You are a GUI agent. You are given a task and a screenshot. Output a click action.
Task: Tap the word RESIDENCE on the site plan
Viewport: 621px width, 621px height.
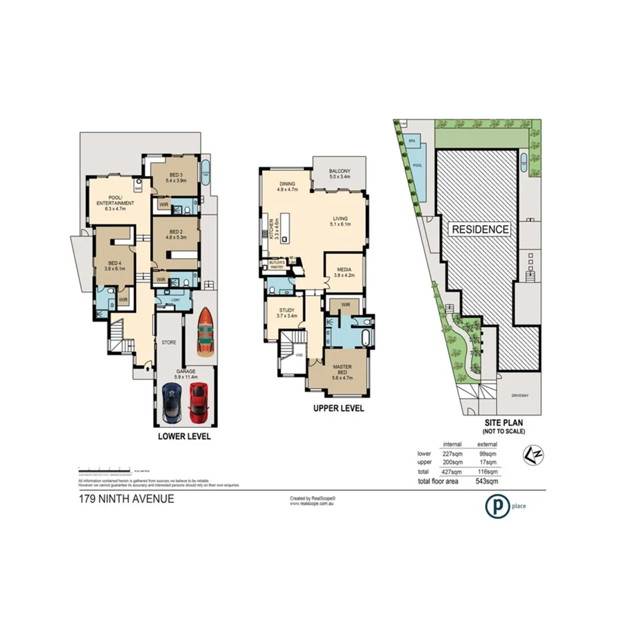tap(480, 229)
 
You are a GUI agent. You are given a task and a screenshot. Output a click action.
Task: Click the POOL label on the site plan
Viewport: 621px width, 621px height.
tap(418, 165)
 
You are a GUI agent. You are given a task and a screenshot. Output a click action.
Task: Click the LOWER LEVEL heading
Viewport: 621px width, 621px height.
tap(185, 436)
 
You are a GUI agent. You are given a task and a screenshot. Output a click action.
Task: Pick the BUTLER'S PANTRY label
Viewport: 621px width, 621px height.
tap(277, 265)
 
